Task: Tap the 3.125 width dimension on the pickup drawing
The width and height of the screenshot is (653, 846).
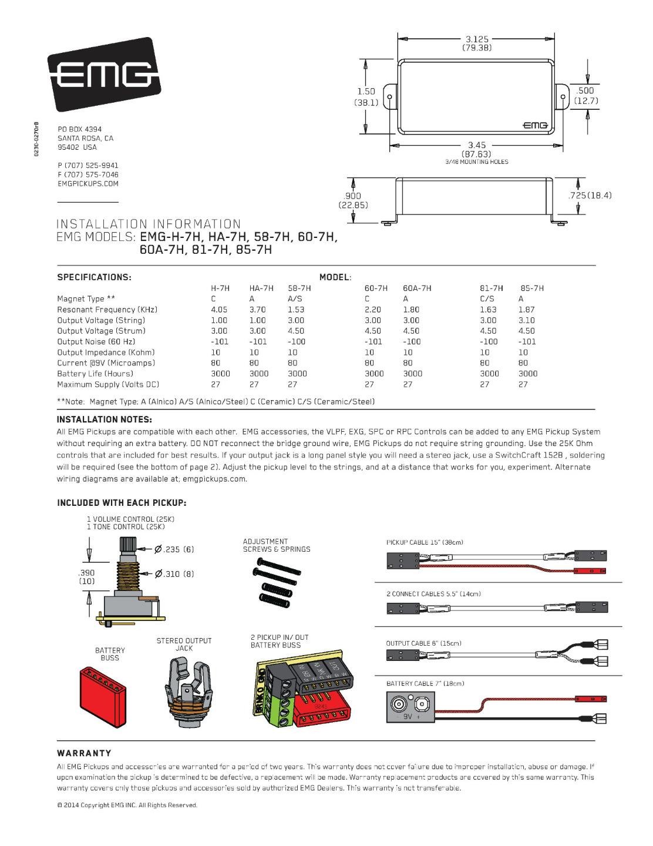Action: [x=477, y=39]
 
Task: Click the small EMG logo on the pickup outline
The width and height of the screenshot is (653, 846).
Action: [x=535, y=125]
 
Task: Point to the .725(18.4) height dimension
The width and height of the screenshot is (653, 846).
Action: [x=590, y=195]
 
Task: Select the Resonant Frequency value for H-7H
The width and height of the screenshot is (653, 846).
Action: [x=218, y=310]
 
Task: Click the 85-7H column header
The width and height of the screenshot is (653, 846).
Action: [x=531, y=288]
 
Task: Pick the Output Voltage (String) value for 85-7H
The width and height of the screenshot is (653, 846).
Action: [x=527, y=320]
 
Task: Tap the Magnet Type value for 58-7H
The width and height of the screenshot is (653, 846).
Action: [x=294, y=299]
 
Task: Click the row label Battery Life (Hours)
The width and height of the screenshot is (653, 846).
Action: [x=95, y=374]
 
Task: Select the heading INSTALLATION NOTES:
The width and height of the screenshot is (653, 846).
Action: [x=105, y=419]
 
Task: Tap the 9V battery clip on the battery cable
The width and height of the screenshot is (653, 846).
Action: [x=409, y=707]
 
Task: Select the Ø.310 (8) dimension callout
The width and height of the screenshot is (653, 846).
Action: [x=173, y=574]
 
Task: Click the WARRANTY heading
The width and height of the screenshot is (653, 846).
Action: [x=84, y=753]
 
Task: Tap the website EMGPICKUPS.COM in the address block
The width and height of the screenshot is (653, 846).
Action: [x=88, y=184]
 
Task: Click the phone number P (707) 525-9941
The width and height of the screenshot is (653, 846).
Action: [x=88, y=166]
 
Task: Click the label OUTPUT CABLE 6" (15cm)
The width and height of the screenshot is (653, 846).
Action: [x=423, y=643]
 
